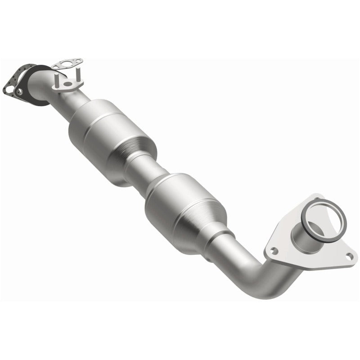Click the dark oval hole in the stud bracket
[67, 84]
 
